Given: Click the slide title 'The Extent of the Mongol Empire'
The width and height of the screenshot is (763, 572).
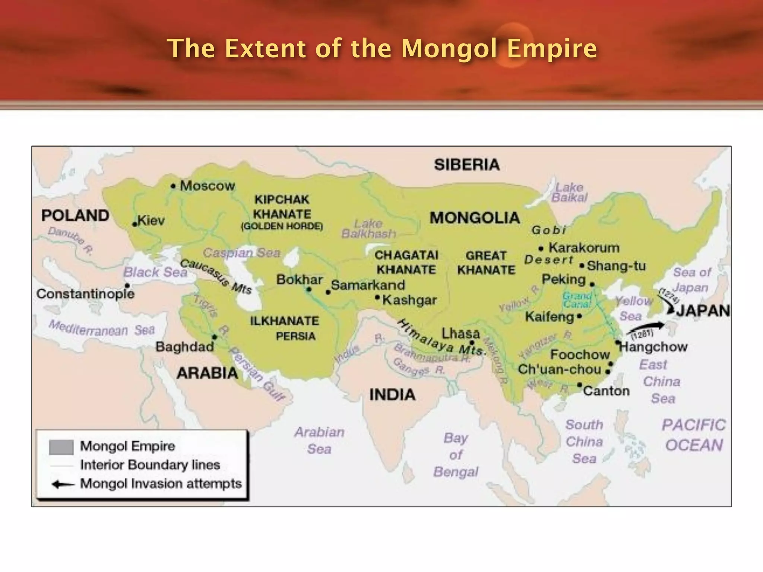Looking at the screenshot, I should [x=381, y=48].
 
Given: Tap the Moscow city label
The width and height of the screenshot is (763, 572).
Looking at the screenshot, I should [x=207, y=185].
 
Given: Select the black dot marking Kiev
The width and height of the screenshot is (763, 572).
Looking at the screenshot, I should [x=134, y=224].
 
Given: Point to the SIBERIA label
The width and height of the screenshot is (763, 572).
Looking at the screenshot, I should [x=466, y=165].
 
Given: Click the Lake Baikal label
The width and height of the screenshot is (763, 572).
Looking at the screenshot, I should [x=569, y=192].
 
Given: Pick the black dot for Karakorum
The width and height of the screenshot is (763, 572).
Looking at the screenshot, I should [x=541, y=248].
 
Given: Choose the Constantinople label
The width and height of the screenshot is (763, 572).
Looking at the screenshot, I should [x=85, y=294].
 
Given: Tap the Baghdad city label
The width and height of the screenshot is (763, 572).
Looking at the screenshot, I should [x=184, y=347].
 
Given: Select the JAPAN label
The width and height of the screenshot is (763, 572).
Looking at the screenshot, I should [x=703, y=311].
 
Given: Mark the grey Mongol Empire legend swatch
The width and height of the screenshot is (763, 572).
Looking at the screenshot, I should [x=61, y=447].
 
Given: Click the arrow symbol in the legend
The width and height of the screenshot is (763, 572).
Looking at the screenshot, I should [x=63, y=484].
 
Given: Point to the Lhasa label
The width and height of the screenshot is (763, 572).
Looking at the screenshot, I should [x=460, y=333].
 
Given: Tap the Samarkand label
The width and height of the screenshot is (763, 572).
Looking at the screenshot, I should [x=368, y=285].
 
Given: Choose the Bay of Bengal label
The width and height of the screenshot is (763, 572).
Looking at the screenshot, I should [x=456, y=455].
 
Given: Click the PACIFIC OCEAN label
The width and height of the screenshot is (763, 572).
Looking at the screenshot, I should [x=694, y=435].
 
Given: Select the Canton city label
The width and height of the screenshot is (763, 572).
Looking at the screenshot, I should [x=606, y=391].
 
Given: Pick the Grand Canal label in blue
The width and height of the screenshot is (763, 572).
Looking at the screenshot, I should [x=577, y=300].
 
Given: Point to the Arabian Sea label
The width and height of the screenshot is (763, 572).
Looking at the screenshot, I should [x=319, y=440].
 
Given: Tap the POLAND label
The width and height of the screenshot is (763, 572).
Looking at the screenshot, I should [x=75, y=215].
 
